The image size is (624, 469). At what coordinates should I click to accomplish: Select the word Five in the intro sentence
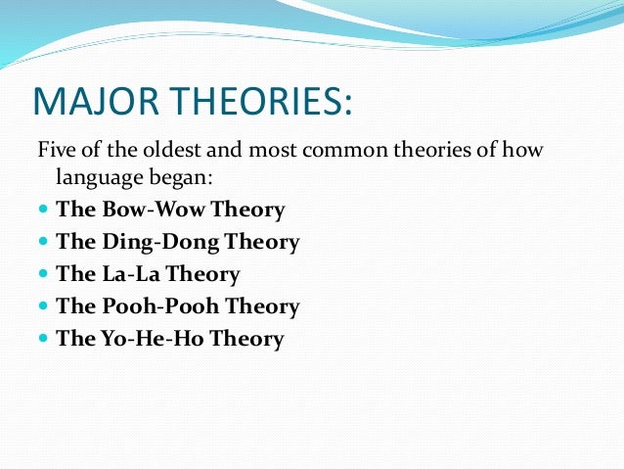point(55,150)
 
